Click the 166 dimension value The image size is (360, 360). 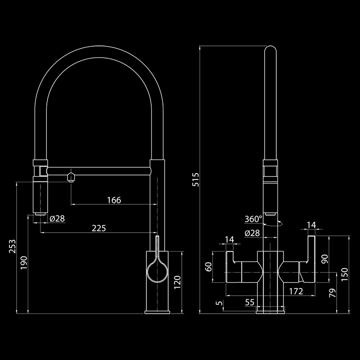click(x=114, y=200)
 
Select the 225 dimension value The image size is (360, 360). click(x=99, y=228)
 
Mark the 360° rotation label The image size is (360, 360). click(x=253, y=219)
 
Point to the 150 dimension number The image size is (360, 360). click(x=344, y=274)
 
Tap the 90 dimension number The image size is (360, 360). click(x=325, y=259)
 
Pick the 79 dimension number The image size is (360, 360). click(x=333, y=294)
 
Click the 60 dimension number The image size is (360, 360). click(x=209, y=267)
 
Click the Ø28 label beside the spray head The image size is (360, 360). click(x=57, y=219)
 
